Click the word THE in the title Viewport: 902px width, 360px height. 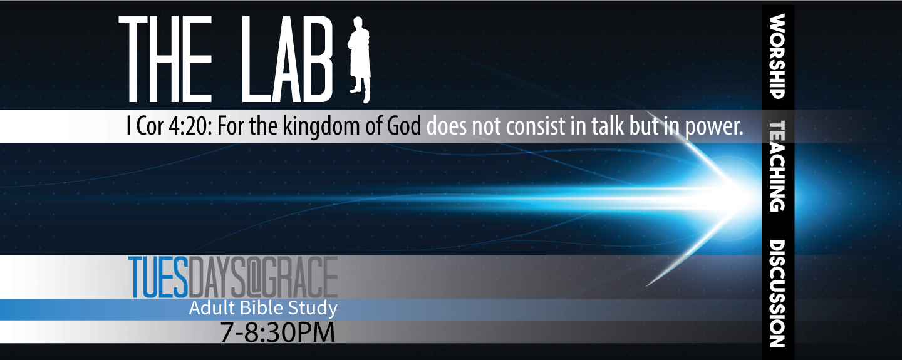(165, 60)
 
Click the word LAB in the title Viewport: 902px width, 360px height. (287, 60)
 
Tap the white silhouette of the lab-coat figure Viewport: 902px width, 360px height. (359, 59)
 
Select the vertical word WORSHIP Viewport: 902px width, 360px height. (777, 56)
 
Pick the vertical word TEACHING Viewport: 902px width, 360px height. (777, 166)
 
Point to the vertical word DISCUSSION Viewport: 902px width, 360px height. (777, 294)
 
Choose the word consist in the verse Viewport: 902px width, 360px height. (535, 126)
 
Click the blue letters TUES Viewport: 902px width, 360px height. (158, 277)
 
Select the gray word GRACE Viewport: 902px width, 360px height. (301, 277)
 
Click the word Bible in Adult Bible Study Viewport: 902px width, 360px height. (263, 308)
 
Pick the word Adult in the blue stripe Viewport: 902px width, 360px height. (212, 308)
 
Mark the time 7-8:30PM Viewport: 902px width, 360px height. (277, 333)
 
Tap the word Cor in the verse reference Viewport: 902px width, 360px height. (150, 127)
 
